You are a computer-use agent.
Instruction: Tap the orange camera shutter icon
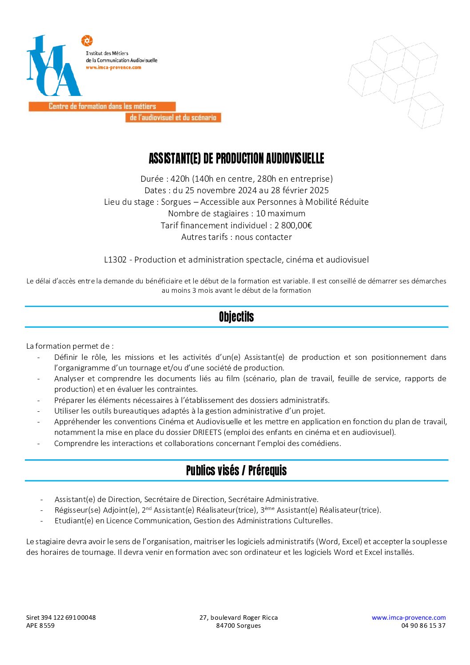tap(87, 41)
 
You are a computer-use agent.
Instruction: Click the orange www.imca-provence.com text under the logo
tap(113, 68)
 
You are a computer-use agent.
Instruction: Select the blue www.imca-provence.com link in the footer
tap(408, 617)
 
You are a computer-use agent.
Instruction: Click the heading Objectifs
tap(236, 317)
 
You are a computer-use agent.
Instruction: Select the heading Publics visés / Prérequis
tap(236, 470)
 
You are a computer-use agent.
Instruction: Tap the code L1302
tap(116, 259)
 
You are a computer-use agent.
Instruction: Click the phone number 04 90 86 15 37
tap(423, 625)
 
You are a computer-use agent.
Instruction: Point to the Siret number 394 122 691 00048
tap(68, 617)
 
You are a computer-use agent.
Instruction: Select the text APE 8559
tap(40, 625)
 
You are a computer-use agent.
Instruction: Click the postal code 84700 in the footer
tap(225, 625)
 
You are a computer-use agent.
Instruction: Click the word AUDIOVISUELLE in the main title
tap(295, 159)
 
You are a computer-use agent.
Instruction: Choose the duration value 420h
tap(180, 179)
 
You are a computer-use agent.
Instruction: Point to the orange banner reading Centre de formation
tap(102, 107)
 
